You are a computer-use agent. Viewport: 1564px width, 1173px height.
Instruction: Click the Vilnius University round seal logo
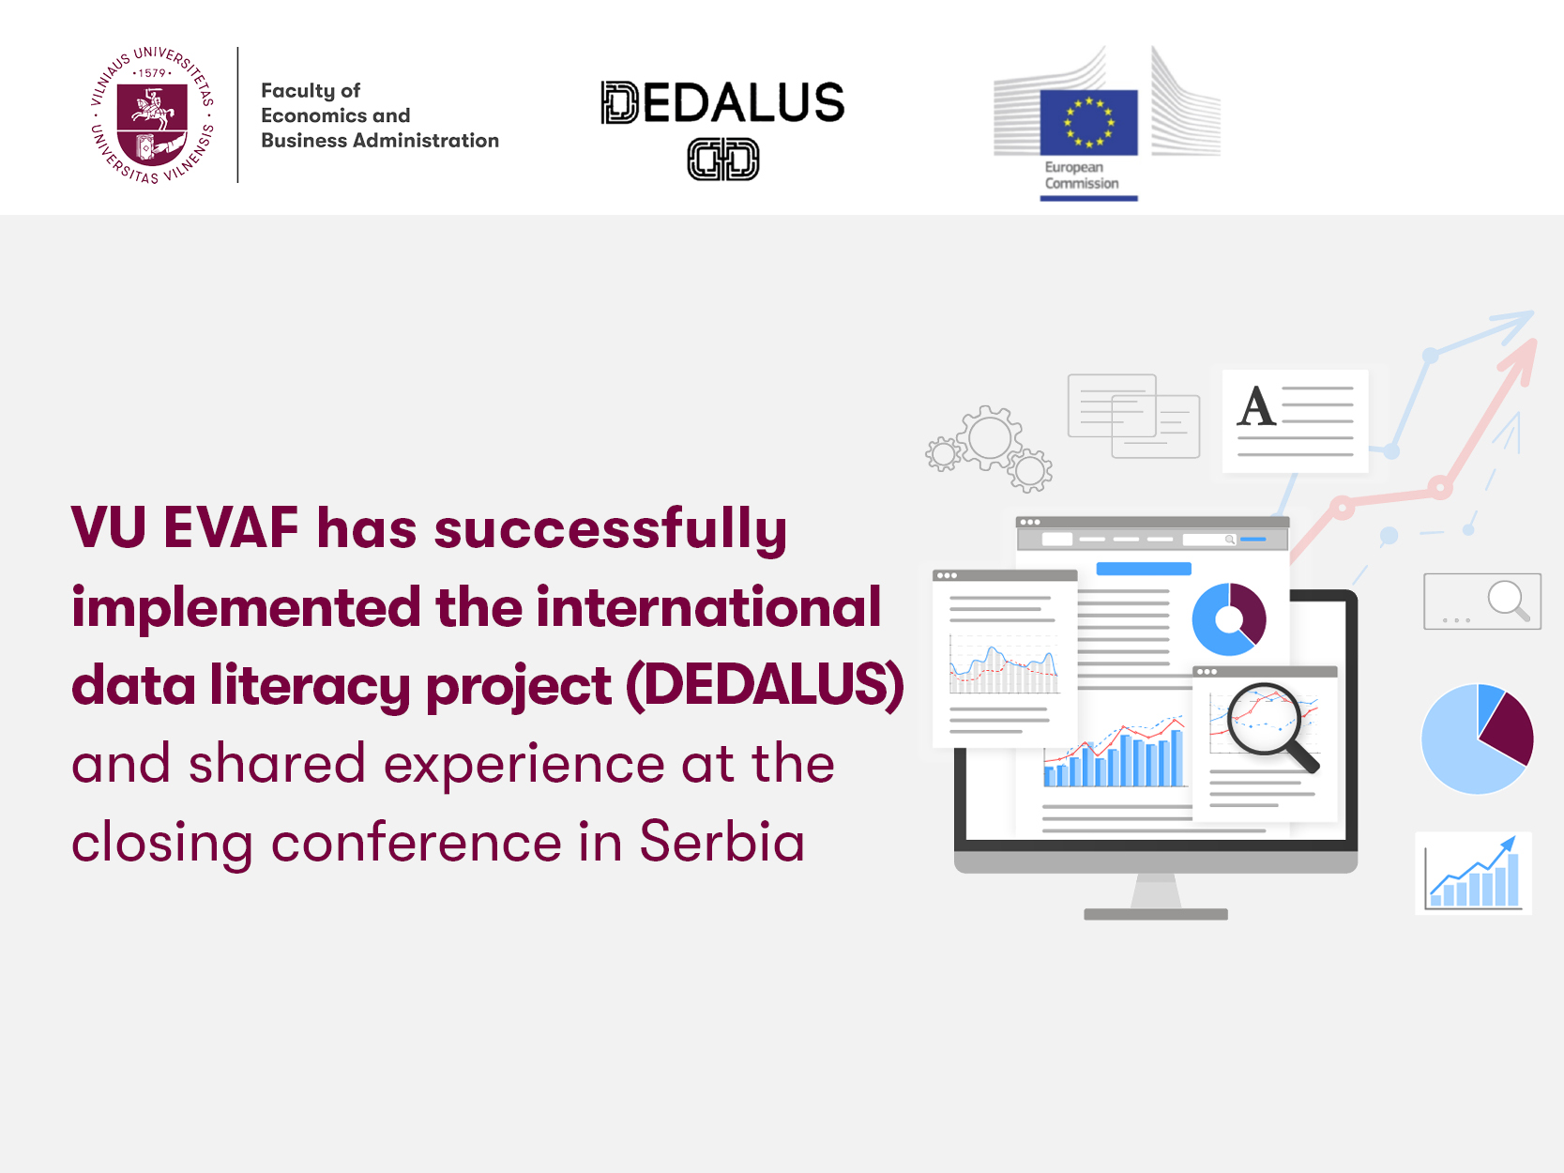click(x=153, y=114)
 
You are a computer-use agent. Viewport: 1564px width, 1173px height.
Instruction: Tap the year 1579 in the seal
click(x=152, y=72)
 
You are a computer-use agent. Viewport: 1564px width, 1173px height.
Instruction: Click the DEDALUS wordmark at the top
click(x=722, y=102)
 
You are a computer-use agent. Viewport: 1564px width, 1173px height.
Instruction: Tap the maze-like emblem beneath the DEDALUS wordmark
click(x=722, y=159)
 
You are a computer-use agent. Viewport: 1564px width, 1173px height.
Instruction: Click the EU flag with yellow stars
click(x=1088, y=122)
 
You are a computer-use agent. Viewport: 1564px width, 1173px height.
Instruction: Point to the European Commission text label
click(x=1081, y=175)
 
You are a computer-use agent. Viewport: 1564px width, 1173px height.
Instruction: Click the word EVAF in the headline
click(x=231, y=528)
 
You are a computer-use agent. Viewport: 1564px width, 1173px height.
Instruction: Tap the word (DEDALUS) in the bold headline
click(x=766, y=686)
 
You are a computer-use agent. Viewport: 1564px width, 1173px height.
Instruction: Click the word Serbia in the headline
click(x=721, y=842)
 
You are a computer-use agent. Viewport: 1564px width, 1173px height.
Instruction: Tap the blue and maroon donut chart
click(x=1229, y=619)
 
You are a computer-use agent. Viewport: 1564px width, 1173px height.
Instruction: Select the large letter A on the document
click(x=1255, y=406)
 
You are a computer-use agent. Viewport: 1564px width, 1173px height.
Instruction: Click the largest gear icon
click(x=989, y=437)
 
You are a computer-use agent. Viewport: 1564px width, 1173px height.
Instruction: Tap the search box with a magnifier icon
click(x=1482, y=602)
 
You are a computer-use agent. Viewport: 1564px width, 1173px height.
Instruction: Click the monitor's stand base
click(x=1156, y=914)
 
